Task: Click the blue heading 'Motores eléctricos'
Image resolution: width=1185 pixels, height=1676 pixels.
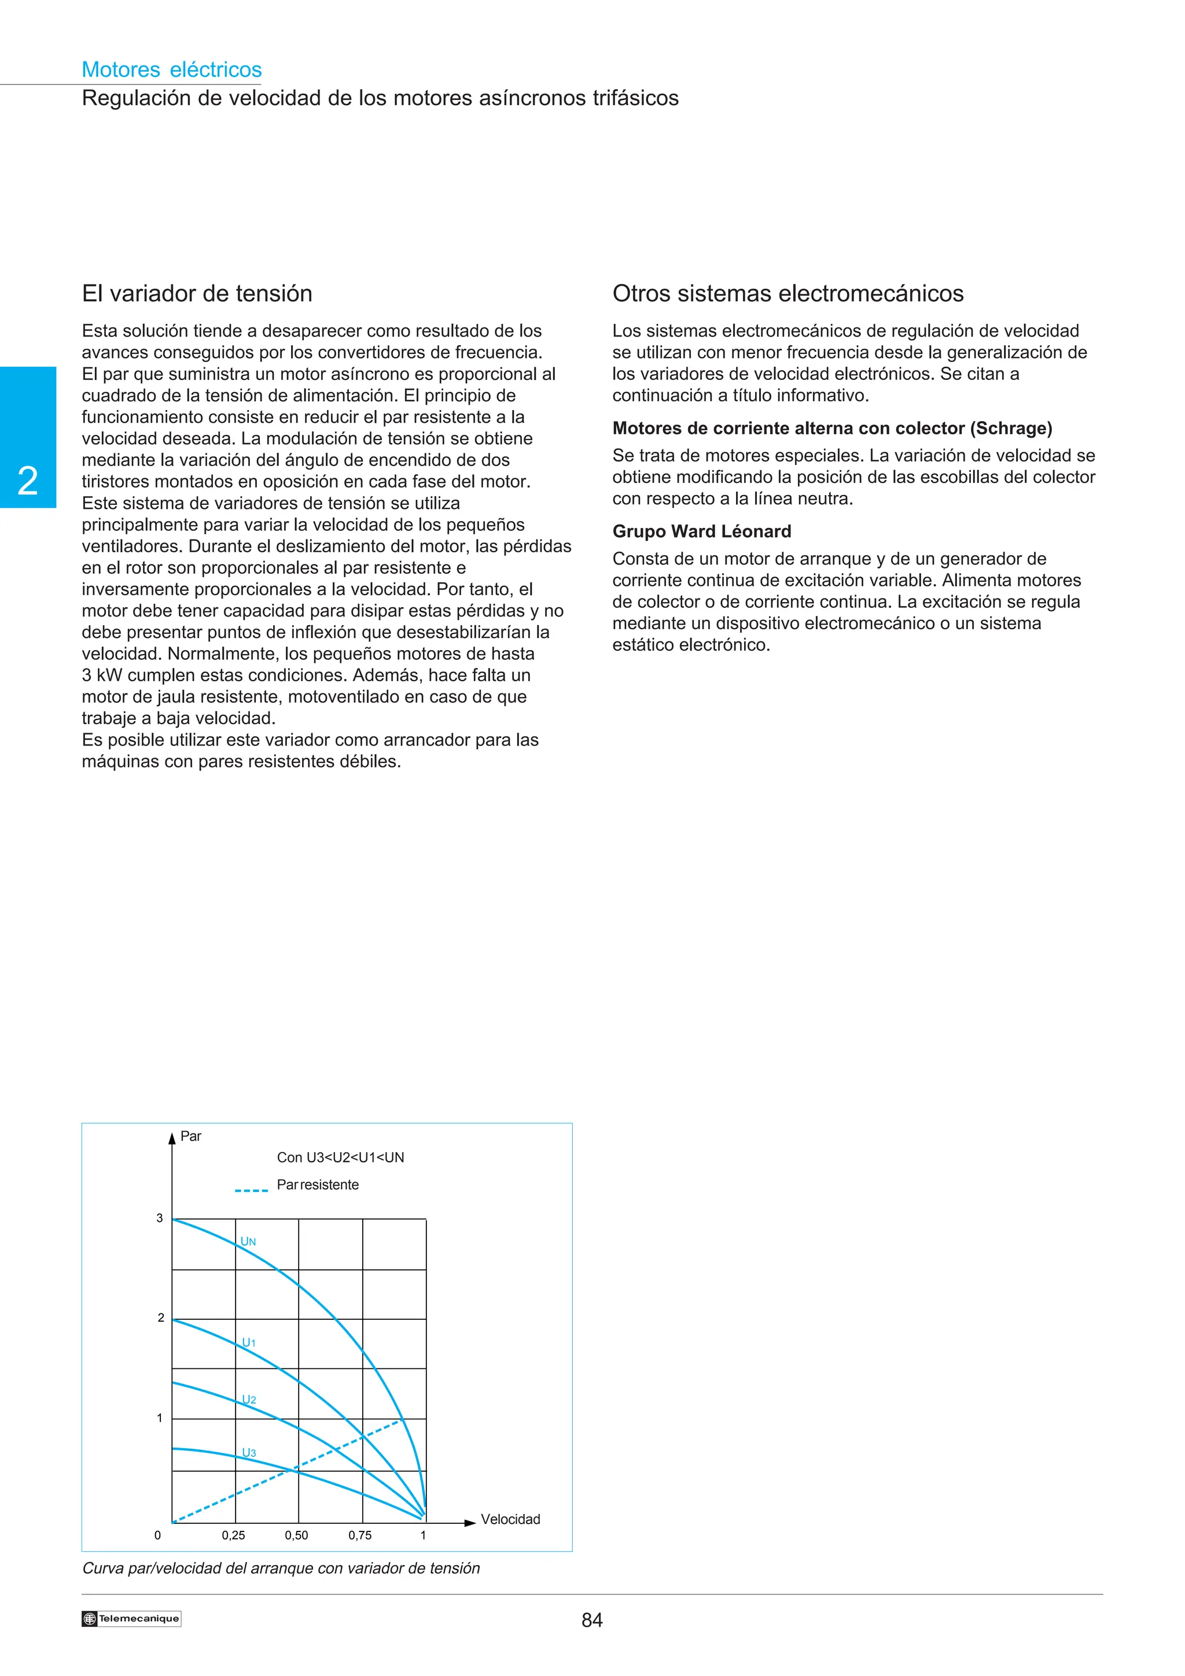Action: pos(172,69)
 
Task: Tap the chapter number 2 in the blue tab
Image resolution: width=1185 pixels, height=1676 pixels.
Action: pos(28,481)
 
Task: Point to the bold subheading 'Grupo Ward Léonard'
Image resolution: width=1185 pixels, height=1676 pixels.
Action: pos(702,531)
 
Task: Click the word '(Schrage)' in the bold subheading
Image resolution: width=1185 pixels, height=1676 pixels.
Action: pos(1011,429)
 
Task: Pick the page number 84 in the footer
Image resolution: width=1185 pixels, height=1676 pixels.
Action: pos(591,1620)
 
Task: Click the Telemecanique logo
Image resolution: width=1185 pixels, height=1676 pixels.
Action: pos(131,1618)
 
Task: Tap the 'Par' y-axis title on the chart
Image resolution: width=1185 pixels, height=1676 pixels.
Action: pos(190,1136)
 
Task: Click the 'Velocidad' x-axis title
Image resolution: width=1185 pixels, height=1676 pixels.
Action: pos(510,1519)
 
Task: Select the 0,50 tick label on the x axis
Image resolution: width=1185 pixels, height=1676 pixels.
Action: pos(296,1535)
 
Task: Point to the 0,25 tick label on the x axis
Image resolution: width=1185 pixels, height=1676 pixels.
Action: pos(234,1535)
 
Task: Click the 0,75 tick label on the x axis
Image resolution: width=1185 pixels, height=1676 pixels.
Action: pos(360,1535)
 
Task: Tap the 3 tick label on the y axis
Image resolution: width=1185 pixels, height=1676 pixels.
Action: pos(159,1217)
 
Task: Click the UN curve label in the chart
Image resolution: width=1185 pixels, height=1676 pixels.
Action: pos(248,1241)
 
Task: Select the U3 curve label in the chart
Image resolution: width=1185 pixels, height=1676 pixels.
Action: pos(249,1453)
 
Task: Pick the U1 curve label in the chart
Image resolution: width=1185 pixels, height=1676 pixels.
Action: pos(249,1342)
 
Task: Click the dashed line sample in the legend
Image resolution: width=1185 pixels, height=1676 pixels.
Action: pos(251,1191)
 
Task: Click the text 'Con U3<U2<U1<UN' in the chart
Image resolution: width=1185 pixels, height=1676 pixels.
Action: pos(340,1157)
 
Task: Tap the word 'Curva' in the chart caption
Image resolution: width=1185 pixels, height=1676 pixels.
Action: pos(103,1568)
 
